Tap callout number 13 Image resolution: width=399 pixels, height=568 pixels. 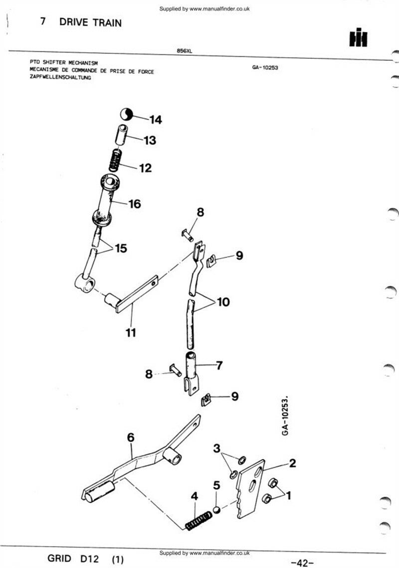click(x=150, y=141)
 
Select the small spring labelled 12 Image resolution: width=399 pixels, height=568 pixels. click(x=116, y=160)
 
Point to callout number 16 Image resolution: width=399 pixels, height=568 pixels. click(x=134, y=204)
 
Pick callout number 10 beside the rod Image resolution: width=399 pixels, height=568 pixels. click(x=223, y=301)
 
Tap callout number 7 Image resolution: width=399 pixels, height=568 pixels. click(x=219, y=365)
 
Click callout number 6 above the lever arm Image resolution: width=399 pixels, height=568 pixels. click(x=131, y=437)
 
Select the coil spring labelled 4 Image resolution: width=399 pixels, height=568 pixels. click(x=197, y=520)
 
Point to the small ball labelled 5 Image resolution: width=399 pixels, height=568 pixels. click(x=216, y=509)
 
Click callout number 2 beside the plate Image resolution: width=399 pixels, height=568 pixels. click(x=292, y=463)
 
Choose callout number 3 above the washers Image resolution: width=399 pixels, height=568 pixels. click(x=216, y=448)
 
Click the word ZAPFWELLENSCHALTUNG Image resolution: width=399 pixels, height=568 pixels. click(x=60, y=78)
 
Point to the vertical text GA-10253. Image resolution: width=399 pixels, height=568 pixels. click(x=286, y=415)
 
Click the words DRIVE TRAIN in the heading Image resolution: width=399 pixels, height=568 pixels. click(x=90, y=22)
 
